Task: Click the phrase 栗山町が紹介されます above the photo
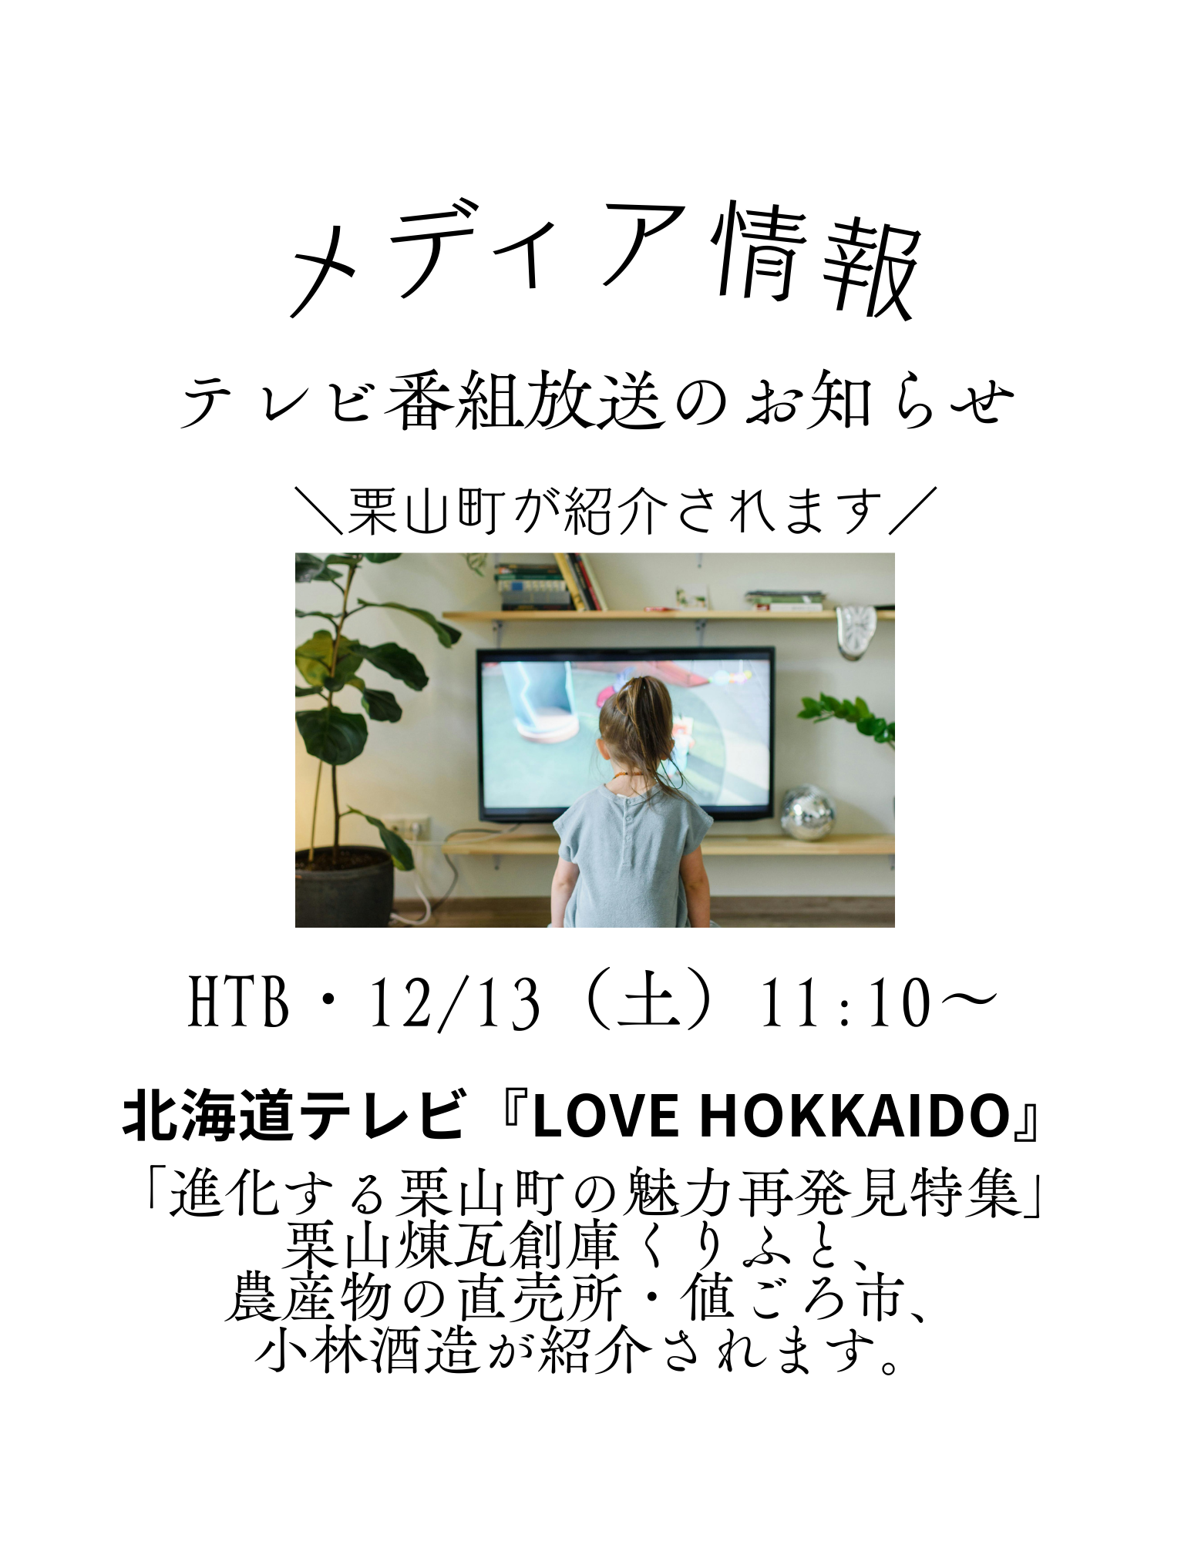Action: [x=615, y=511]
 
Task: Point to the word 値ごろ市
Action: [x=794, y=1298]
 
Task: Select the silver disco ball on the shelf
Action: [x=807, y=813]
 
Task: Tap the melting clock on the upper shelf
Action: [x=855, y=631]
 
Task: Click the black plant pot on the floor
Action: [x=344, y=887]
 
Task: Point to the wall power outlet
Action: [x=406, y=828]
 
